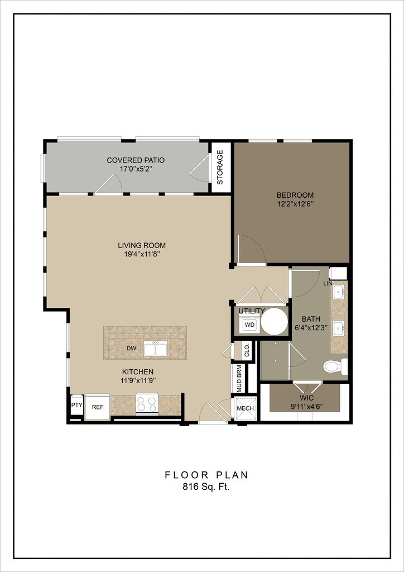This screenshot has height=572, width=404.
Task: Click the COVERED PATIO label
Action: (x=136, y=160)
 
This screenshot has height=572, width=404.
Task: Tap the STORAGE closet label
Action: (x=220, y=167)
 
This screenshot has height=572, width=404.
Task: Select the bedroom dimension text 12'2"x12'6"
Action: (x=295, y=204)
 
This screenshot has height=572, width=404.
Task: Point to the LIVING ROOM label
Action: (x=142, y=245)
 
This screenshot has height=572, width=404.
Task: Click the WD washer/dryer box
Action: (x=249, y=325)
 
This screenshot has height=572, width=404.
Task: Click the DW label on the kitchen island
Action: (x=132, y=349)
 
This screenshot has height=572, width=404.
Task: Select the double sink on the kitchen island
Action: (x=156, y=349)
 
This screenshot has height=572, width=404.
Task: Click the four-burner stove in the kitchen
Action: (x=147, y=404)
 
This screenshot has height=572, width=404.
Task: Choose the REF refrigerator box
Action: (x=97, y=407)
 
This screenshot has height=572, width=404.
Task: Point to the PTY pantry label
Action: (x=76, y=405)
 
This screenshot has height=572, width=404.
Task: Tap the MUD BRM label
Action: (x=239, y=378)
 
